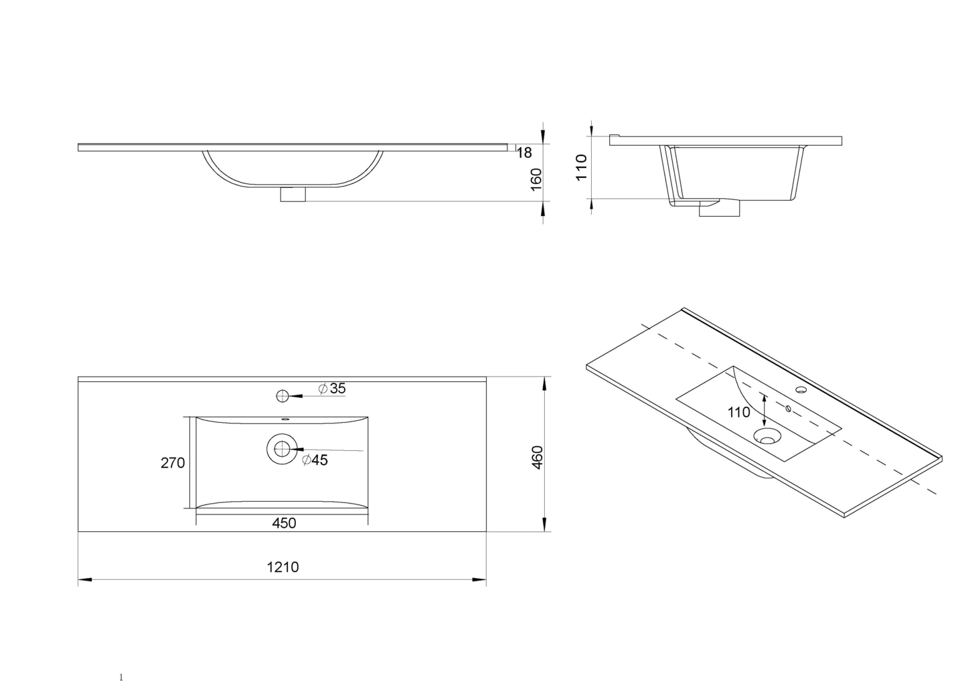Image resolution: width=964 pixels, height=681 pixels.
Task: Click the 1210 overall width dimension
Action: (x=283, y=567)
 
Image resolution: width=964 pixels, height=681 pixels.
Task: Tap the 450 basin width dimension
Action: (x=284, y=523)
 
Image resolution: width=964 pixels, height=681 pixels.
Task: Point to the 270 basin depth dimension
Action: (x=173, y=462)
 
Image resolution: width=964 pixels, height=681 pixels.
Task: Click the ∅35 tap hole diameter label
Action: (x=332, y=389)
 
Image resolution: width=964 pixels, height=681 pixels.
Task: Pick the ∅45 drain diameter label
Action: (x=315, y=460)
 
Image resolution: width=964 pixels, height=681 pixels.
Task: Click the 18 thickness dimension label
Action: (x=524, y=153)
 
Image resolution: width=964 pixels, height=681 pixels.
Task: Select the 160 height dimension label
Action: (x=536, y=179)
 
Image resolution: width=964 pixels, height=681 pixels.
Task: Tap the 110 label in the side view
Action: (x=581, y=167)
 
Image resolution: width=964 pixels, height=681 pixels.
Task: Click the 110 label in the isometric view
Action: (x=739, y=412)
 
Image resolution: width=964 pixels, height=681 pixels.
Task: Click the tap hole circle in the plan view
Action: (x=282, y=396)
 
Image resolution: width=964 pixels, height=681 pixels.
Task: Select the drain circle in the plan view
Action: (x=282, y=448)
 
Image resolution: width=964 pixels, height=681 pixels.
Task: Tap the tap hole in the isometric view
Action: (x=800, y=389)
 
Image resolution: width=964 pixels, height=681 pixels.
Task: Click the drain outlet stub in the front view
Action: (x=293, y=195)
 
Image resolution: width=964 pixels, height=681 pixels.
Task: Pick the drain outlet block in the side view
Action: (x=719, y=209)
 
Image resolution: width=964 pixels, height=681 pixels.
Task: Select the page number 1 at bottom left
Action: (x=121, y=677)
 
